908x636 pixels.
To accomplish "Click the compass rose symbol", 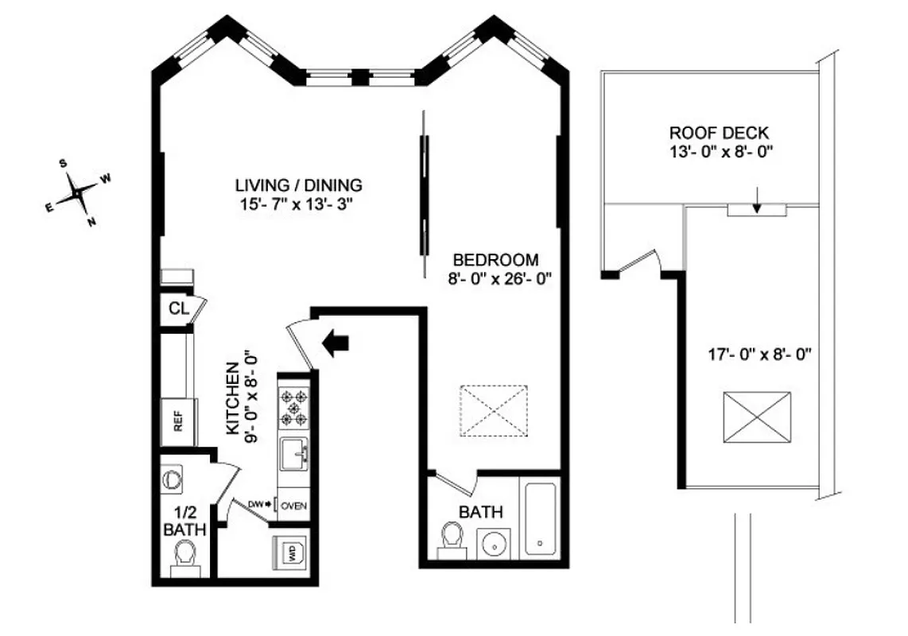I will pos(76,192).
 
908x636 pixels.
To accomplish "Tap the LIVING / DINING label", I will pos(298,185).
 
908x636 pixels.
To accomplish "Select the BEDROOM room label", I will pos(495,260).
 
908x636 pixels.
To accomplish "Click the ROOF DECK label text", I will pos(719,134).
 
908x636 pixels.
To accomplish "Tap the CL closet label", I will pos(178,309).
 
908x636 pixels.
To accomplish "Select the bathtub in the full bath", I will pos(541,516).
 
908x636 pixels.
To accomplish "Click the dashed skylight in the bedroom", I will pos(495,410).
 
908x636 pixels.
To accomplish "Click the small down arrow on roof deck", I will pos(757,204).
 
